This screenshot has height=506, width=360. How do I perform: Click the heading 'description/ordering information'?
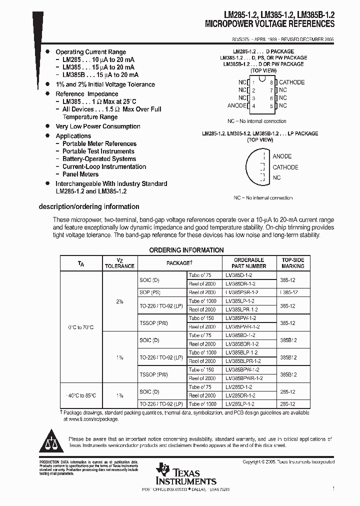[x=89, y=206]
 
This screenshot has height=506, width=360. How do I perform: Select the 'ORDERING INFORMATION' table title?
[x=186, y=250]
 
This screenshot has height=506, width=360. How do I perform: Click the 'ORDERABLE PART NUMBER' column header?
[x=249, y=263]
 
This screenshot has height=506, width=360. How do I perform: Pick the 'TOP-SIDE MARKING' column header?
[x=292, y=263]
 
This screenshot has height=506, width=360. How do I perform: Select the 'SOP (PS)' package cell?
[x=150, y=292]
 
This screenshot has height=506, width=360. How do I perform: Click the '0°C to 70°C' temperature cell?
[x=81, y=327]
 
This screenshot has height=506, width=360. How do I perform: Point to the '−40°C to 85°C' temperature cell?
[x=81, y=395]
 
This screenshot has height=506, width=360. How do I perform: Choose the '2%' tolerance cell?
[x=119, y=301]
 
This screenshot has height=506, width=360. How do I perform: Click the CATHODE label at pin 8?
[x=291, y=82]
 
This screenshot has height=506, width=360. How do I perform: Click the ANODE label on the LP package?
[x=282, y=156]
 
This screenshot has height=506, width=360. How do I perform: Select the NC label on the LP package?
[x=276, y=177]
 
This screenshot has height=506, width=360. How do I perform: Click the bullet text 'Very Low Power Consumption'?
[x=98, y=126]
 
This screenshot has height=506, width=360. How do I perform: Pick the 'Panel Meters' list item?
[x=80, y=174]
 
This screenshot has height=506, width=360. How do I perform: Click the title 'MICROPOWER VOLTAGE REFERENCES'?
[x=269, y=24]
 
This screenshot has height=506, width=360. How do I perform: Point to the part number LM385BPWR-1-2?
[x=243, y=378]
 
